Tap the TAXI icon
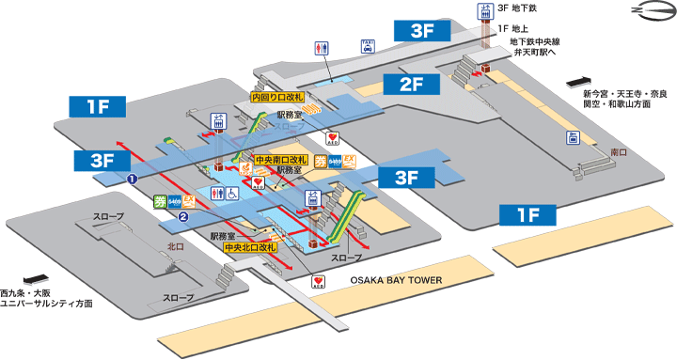tap(369, 44)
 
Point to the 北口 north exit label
tap(175, 247)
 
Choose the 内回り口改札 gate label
tap(276, 97)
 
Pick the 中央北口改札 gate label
tap(249, 247)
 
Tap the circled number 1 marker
tap(134, 178)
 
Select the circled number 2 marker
tap(184, 217)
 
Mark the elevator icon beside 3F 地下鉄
tap(486, 11)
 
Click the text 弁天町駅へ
tap(536, 55)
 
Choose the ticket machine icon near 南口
tap(573, 138)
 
